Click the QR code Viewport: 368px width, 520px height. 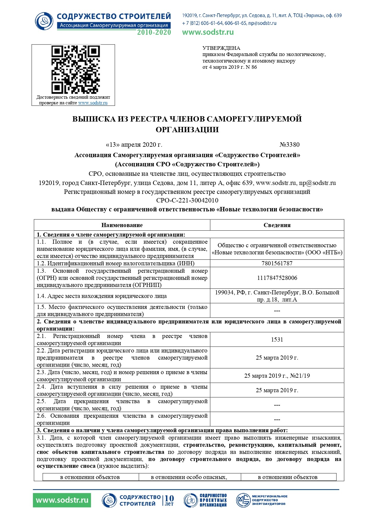75,70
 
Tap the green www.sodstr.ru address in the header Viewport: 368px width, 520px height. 208,32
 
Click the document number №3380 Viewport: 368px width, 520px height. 289,145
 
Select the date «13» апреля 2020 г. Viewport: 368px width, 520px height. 134,145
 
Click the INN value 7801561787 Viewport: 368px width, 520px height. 277,263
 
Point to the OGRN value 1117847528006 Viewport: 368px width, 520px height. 277,278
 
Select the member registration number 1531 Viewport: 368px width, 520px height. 277,339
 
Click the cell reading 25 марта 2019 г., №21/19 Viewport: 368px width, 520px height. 277,376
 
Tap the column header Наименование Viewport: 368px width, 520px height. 122,225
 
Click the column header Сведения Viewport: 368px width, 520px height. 277,225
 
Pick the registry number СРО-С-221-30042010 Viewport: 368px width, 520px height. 187,200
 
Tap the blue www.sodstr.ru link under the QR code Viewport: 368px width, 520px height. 93,103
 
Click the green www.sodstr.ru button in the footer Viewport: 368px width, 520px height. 62,500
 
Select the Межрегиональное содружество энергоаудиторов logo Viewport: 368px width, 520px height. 262,500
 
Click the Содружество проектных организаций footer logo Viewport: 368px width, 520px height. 205,500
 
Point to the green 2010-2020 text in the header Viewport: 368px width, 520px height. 154,32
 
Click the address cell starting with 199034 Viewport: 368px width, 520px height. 277,296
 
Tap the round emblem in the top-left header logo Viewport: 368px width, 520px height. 44,21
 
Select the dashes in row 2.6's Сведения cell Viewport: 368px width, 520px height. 277,419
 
